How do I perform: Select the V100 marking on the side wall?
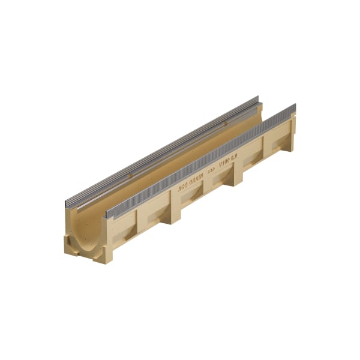[x=225, y=162]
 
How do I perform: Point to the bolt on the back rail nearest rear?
[x=225, y=124]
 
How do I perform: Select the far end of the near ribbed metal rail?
[x=295, y=108]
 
